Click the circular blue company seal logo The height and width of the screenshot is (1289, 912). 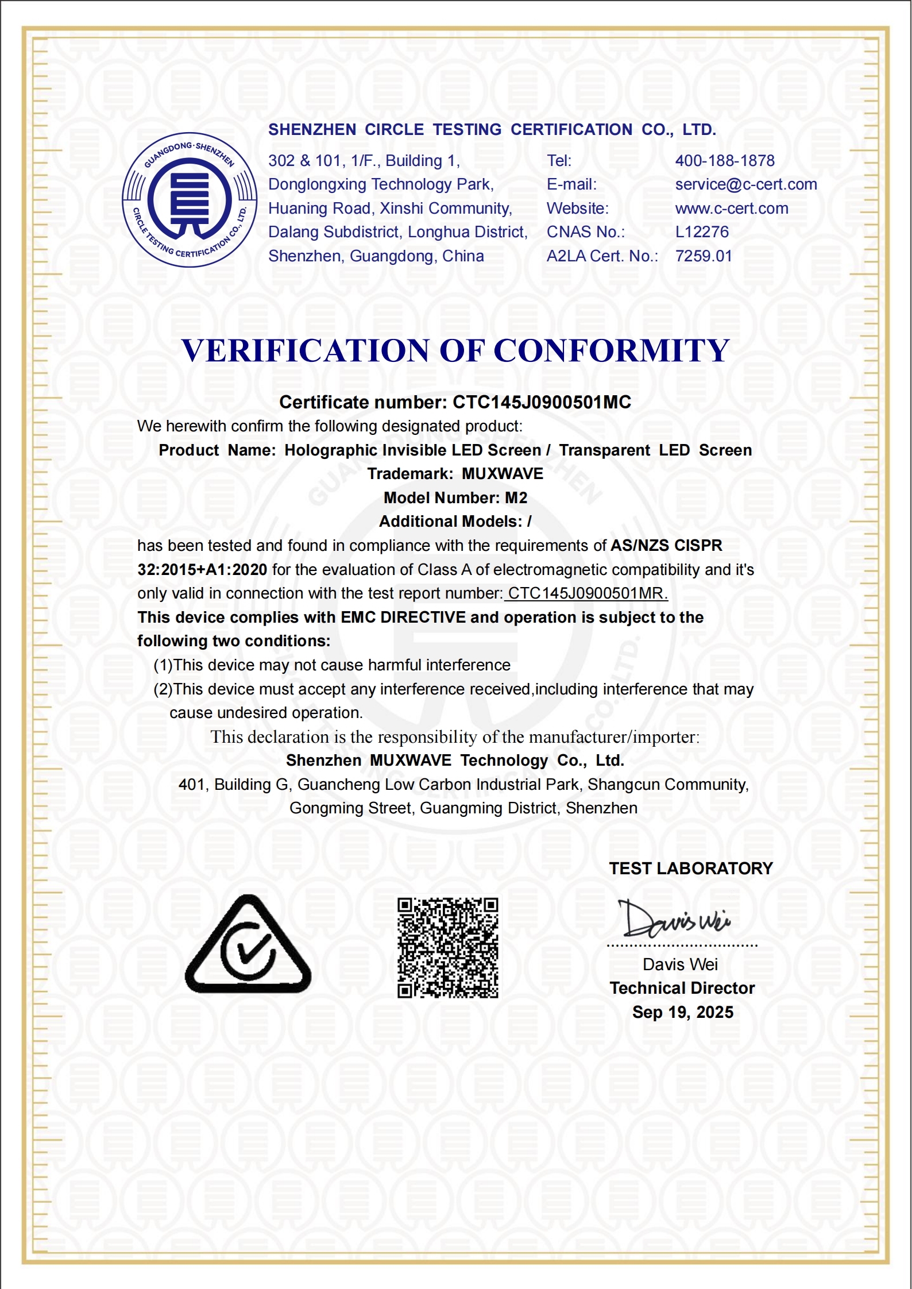190,200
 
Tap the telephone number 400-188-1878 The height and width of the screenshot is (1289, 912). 725,161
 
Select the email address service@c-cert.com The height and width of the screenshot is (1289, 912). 746,184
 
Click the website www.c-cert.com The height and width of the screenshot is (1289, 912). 732,209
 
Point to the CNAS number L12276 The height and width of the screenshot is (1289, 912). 702,232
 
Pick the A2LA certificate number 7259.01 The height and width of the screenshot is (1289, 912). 704,256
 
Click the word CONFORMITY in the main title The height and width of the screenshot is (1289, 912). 611,350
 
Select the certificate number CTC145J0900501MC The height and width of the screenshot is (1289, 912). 542,402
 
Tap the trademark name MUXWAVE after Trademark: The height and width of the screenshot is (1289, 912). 503,474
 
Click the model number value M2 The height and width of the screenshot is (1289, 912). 516,498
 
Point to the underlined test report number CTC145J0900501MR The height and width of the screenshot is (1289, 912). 587,593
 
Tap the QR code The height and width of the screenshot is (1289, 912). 448,948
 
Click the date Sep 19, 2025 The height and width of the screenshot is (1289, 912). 683,1012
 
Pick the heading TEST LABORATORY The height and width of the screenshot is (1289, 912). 691,869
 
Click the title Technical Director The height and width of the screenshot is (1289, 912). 682,988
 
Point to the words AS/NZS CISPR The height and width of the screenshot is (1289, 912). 666,546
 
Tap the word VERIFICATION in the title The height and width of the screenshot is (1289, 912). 305,350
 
